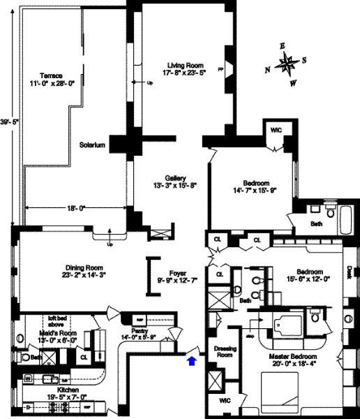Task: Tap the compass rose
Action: point(287,65)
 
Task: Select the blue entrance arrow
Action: point(192,360)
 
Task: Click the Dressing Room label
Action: point(223,351)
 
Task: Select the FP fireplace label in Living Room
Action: point(222,68)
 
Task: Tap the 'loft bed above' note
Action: point(50,320)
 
